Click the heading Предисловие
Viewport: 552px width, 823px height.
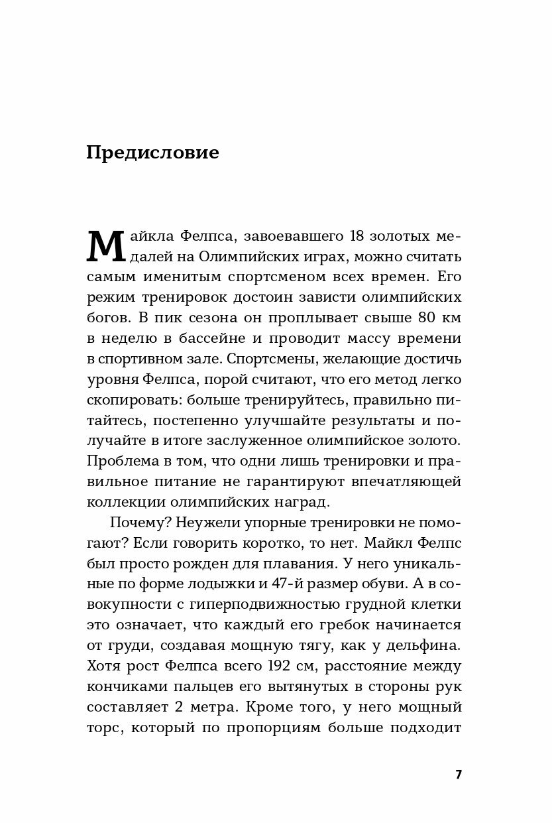coord(152,153)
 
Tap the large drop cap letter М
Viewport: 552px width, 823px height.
coord(105,247)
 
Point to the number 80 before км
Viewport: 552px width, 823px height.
coord(419,318)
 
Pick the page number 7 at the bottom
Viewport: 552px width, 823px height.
coord(458,775)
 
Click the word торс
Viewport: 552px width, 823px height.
coord(104,728)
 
